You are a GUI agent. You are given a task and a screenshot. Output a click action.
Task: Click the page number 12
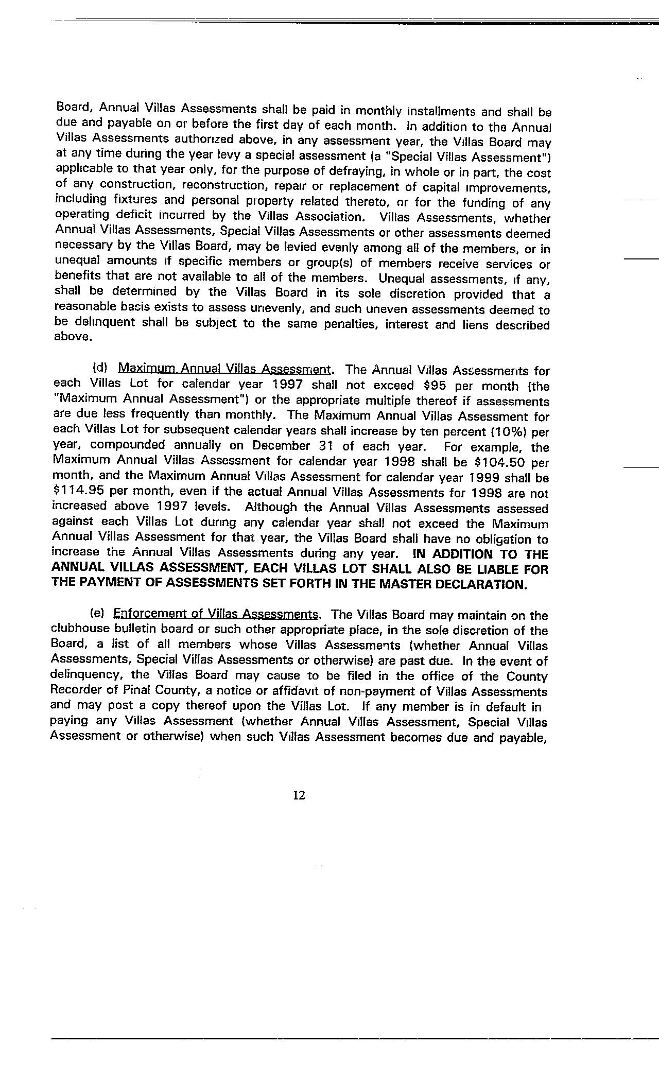tap(299, 795)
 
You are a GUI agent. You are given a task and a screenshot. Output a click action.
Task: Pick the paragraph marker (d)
tap(99, 368)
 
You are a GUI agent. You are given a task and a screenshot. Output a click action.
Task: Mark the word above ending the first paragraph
tap(73, 338)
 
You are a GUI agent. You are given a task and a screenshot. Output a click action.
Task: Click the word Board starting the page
tap(73, 108)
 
